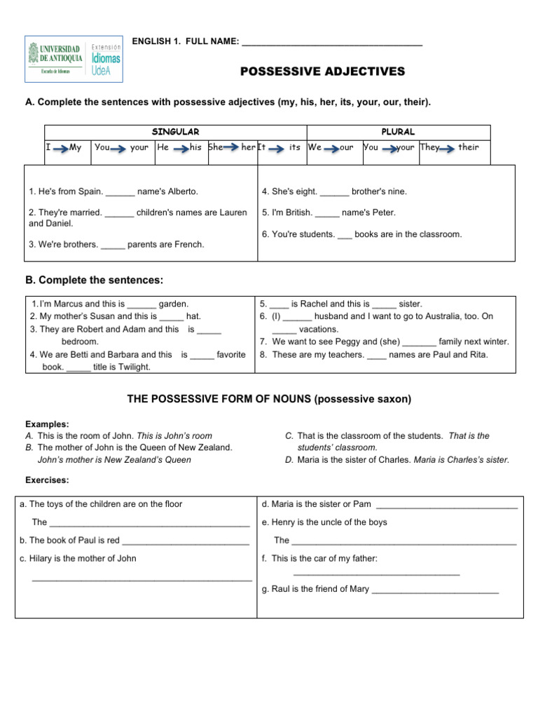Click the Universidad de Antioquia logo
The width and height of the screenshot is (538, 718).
pos(74,55)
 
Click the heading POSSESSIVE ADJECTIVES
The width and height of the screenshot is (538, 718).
pos(323,72)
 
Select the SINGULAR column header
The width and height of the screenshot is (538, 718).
pos(176,132)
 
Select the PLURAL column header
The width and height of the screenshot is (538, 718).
pos(398,132)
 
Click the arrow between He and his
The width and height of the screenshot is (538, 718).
pos(181,148)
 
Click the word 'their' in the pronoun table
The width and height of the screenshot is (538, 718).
pos(469,148)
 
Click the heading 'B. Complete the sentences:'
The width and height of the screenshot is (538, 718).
pos(94,280)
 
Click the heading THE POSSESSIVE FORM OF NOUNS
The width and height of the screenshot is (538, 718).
pos(269,399)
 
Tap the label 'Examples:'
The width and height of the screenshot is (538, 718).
pos(47,424)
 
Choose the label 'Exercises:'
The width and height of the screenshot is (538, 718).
pos(48,480)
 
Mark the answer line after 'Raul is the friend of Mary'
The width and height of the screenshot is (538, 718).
pos(435,590)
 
